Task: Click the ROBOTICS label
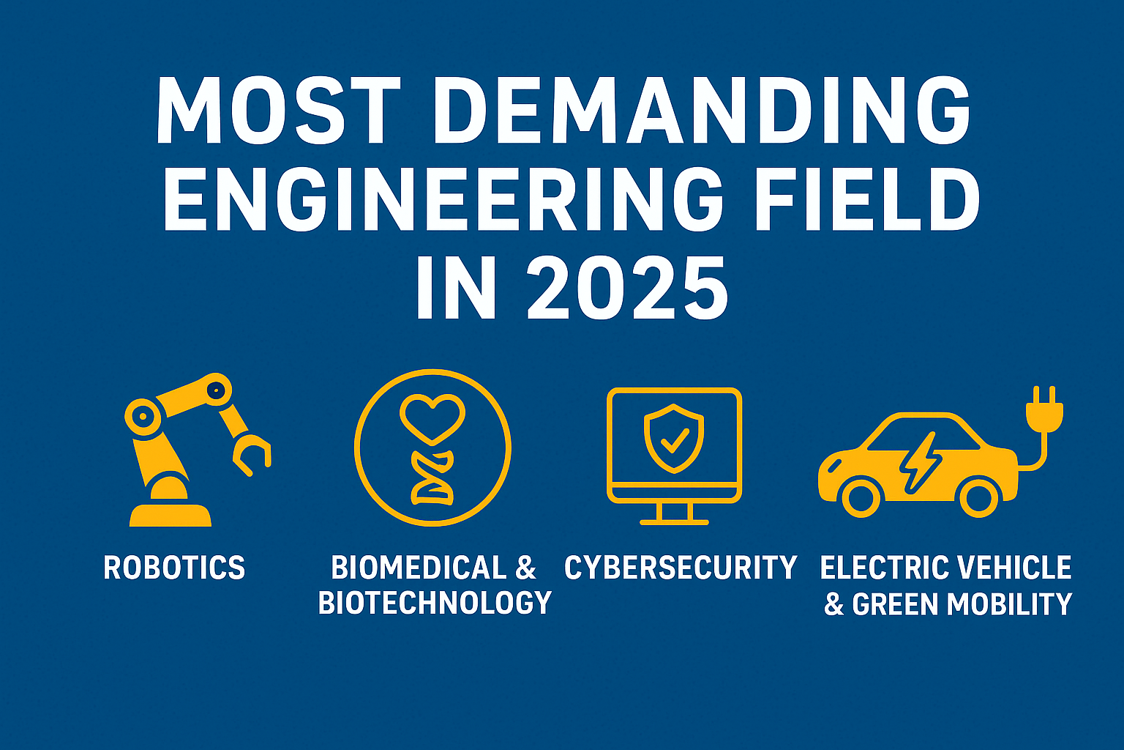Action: (174, 568)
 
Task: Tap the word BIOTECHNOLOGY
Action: (435, 603)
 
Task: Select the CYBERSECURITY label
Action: (681, 568)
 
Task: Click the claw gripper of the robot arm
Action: (252, 455)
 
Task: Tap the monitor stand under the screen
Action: (674, 513)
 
